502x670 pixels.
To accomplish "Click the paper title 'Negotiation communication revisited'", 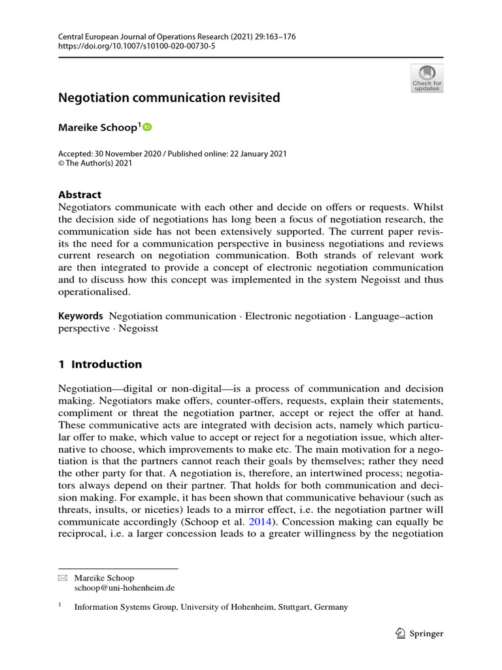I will (169, 98).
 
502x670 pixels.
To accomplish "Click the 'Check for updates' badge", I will (427, 78).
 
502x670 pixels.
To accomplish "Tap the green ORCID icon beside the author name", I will (147, 127).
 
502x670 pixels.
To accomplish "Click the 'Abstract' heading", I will (80, 194).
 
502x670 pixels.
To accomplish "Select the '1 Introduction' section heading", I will (100, 364).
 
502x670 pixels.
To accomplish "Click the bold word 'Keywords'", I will (80, 316).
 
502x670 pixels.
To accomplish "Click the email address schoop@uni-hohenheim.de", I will (124, 588).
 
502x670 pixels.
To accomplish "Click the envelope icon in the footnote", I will (63, 578).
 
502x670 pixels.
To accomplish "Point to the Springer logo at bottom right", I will (420, 633).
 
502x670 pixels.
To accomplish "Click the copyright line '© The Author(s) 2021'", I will (95, 164).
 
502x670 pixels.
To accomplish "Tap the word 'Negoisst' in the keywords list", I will (140, 328).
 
